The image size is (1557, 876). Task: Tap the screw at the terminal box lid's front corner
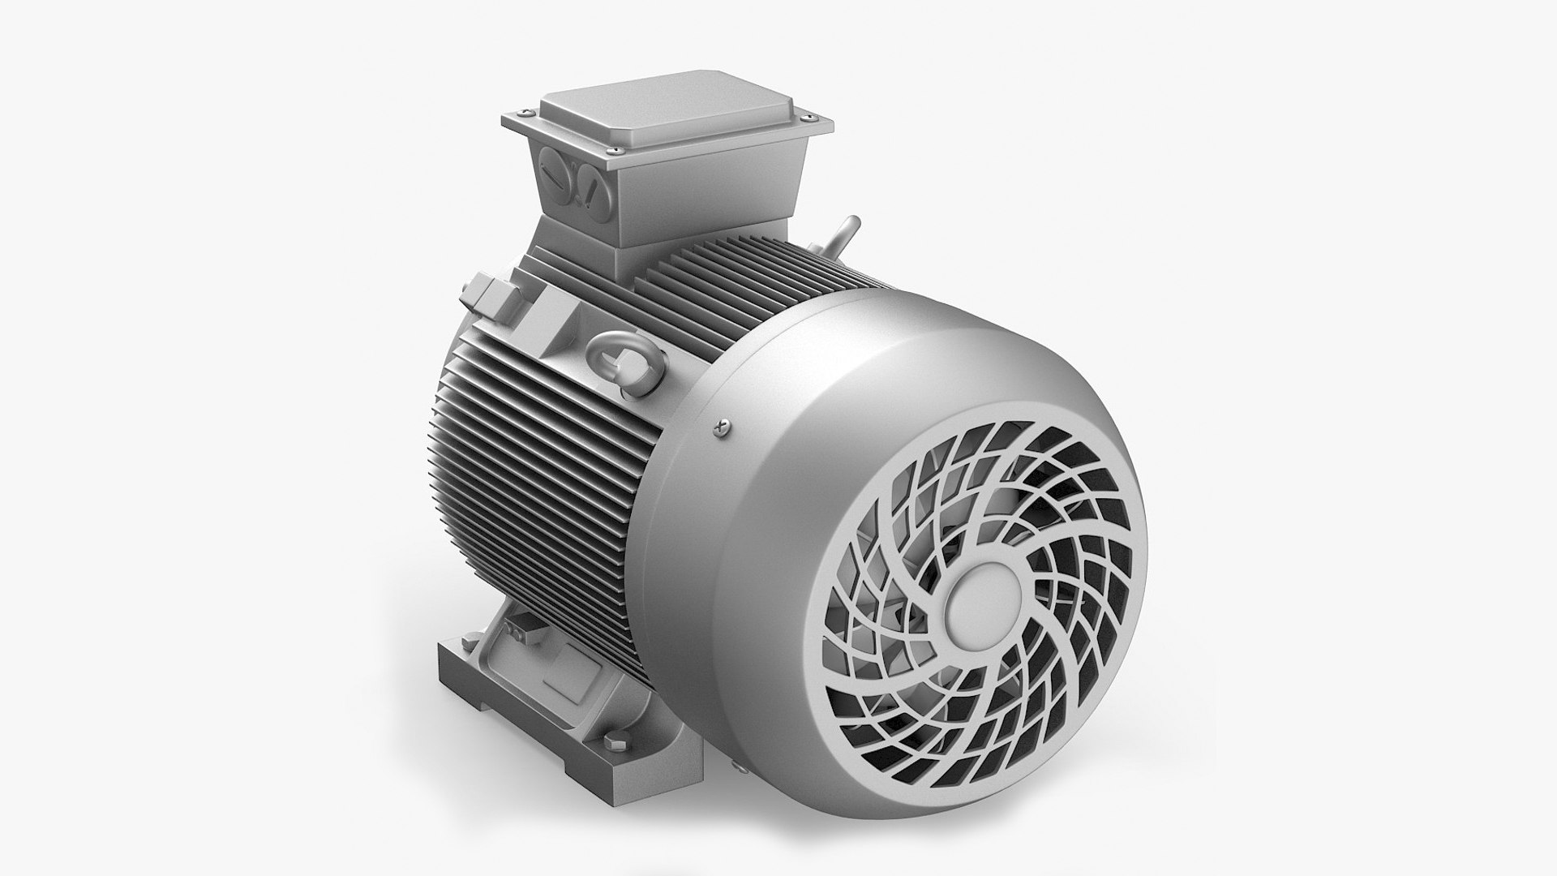(620, 171)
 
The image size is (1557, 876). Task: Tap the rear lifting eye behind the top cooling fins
(846, 234)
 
